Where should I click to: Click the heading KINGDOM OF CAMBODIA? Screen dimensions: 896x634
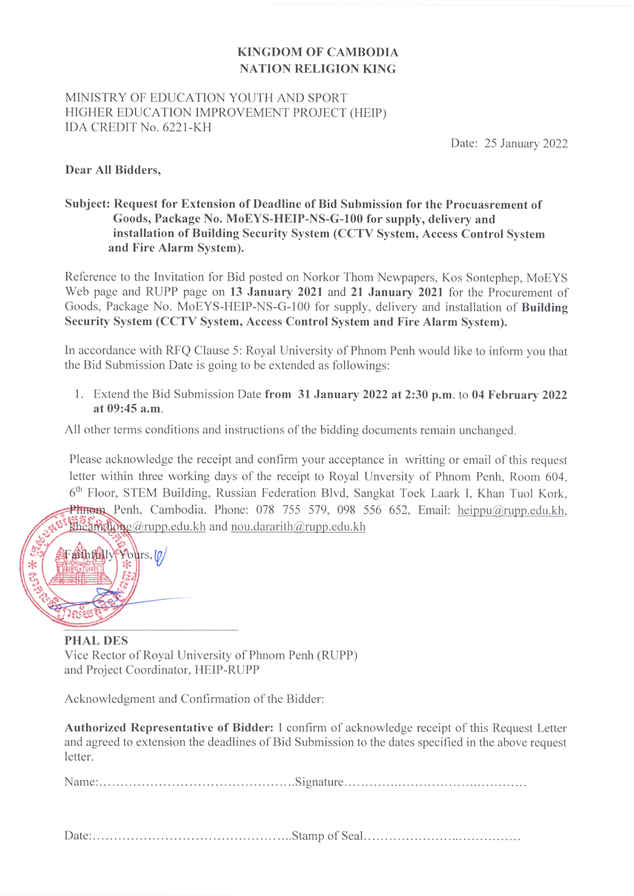[x=318, y=52]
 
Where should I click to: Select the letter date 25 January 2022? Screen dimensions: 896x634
[x=526, y=144]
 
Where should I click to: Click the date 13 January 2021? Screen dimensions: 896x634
[x=276, y=292]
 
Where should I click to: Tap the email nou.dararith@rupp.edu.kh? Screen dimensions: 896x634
[x=298, y=527]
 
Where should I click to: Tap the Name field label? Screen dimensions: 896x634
[x=80, y=782]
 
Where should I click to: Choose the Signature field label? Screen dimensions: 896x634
[x=319, y=782]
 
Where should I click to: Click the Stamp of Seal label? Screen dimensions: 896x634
[x=327, y=836]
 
